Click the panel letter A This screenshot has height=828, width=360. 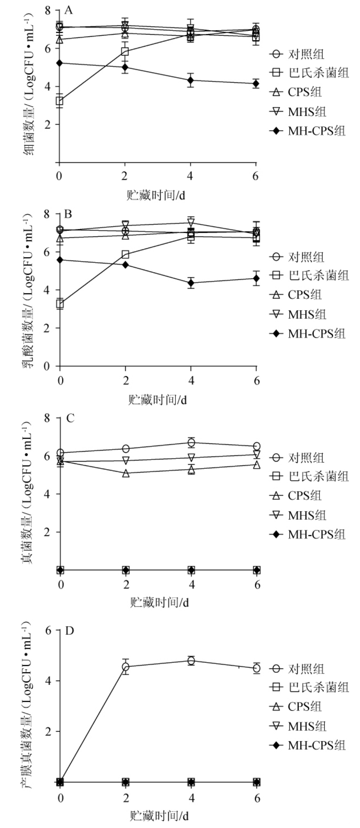(x=68, y=10)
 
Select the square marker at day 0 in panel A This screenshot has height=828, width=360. (x=59, y=101)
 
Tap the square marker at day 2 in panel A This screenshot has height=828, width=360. (x=125, y=51)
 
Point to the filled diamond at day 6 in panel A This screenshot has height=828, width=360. (x=256, y=84)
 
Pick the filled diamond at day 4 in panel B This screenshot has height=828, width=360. (x=190, y=283)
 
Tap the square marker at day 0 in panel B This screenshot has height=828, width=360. (x=60, y=304)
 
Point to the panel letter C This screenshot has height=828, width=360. (x=70, y=418)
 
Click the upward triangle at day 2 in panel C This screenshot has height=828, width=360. (x=126, y=473)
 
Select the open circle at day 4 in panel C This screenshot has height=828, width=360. (x=191, y=442)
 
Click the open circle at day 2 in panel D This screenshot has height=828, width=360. (x=126, y=667)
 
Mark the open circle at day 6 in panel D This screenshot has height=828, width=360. (x=257, y=668)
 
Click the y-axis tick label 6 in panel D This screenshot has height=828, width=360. (x=48, y=630)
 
